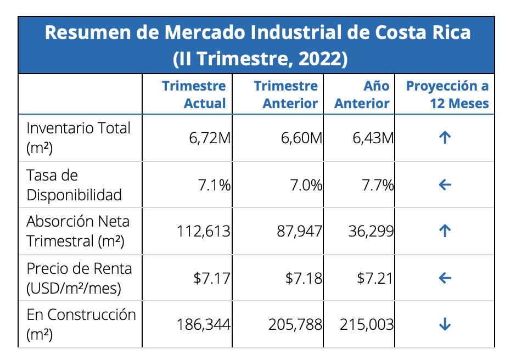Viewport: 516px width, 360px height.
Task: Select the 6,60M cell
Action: (301, 138)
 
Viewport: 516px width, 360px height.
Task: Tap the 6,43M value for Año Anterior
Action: (373, 138)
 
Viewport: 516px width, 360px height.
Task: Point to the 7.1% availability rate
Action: (214, 185)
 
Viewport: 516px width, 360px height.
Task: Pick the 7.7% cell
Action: (378, 185)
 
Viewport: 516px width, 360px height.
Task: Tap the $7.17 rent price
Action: (212, 279)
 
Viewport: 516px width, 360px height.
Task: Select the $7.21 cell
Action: (375, 279)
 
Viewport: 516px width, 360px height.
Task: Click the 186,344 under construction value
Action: (203, 325)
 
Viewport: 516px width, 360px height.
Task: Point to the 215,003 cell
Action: (367, 325)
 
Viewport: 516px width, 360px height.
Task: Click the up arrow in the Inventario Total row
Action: (445, 138)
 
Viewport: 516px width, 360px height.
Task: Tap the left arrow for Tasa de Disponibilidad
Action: (445, 185)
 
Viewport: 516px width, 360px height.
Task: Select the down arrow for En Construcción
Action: (445, 325)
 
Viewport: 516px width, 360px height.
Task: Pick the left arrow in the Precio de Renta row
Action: (445, 278)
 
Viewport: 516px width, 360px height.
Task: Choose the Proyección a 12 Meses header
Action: (447, 94)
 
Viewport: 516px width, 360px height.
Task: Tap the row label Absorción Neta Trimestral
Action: (78, 231)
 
